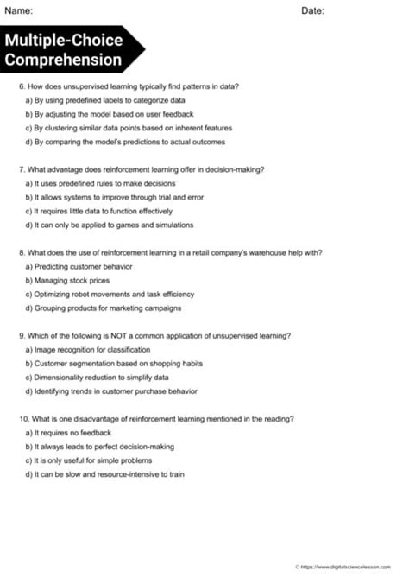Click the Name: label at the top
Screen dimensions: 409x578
pyautogui.click(x=19, y=10)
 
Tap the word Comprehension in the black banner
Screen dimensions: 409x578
pyautogui.click(x=63, y=60)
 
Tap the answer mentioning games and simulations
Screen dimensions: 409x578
pyautogui.click(x=110, y=225)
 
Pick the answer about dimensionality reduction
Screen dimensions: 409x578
pyautogui.click(x=97, y=377)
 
